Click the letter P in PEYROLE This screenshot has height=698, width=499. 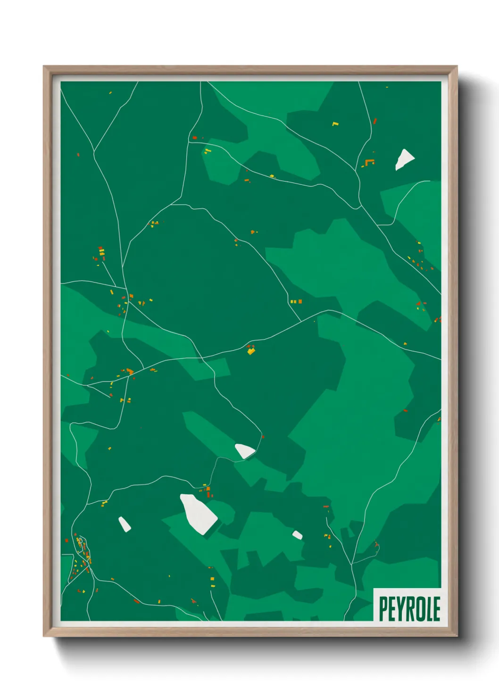point(383,609)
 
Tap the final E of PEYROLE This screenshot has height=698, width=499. point(437,609)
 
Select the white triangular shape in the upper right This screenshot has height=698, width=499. point(404,159)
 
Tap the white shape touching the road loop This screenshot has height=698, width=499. point(245,451)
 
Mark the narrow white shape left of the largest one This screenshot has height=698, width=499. point(125,524)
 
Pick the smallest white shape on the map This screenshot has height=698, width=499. point(297,535)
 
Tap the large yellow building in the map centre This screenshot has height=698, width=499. point(251,351)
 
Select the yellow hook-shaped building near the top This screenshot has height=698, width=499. point(335,124)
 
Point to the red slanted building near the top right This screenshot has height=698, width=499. point(375,121)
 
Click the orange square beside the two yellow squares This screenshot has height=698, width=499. point(299,301)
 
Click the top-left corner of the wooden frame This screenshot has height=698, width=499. point(44,66)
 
